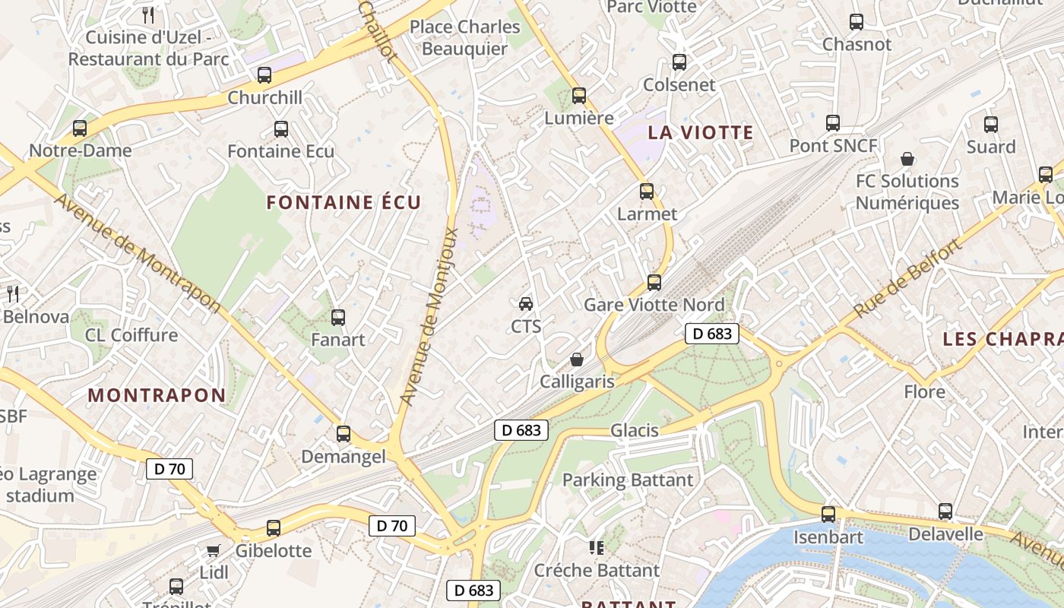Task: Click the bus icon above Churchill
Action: pos(264,75)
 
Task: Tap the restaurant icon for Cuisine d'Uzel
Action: pos(149,14)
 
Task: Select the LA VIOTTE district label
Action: pos(700,132)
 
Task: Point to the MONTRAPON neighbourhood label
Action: pos(157,395)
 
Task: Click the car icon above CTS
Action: pos(525,304)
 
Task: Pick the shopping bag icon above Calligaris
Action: pos(577,359)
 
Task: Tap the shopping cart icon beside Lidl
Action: pos(214,550)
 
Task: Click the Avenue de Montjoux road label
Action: pos(430,316)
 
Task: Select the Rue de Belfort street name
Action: pos(907,279)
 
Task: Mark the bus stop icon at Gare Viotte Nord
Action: pos(654,283)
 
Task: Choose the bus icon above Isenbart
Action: pos(828,515)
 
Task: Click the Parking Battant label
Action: pos(628,480)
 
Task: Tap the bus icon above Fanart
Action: pos(338,317)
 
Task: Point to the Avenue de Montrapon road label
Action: pos(138,253)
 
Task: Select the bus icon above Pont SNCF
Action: pos(833,123)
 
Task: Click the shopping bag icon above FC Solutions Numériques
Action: pos(907,159)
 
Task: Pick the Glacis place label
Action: pos(635,431)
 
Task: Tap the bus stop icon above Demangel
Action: pos(344,434)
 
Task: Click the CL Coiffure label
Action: pos(131,335)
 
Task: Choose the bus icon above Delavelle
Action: pos(945,511)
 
